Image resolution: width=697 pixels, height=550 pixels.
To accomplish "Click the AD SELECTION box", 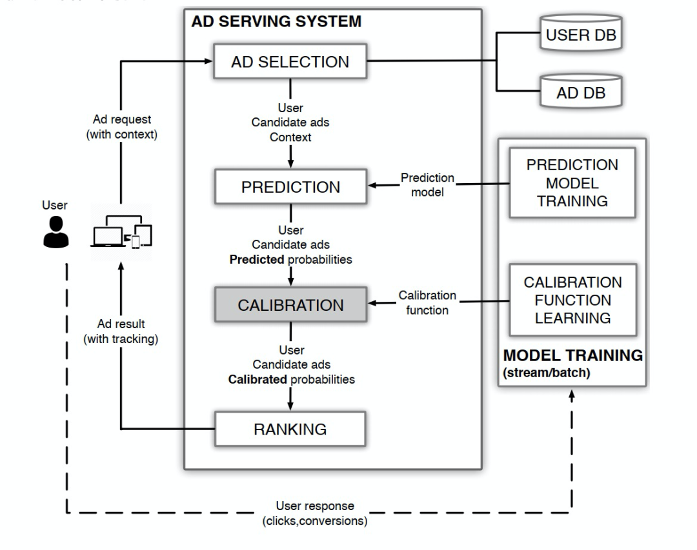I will click(x=290, y=62).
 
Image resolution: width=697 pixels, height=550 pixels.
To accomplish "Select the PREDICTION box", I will click(x=290, y=187).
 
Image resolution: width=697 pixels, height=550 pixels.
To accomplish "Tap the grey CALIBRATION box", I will click(x=290, y=305).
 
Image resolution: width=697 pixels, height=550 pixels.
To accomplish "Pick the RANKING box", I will click(x=290, y=429).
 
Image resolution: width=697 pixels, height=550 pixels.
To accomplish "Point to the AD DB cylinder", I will click(x=581, y=92).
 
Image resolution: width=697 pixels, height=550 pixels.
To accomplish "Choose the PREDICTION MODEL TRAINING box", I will click(x=572, y=182).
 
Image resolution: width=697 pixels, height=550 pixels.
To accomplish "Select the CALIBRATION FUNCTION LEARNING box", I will click(x=572, y=300).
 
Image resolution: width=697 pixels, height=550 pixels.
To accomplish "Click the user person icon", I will click(x=56, y=231).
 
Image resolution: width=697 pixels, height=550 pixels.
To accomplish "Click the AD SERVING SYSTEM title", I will click(x=276, y=21).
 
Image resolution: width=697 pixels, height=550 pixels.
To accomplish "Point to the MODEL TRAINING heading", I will click(x=572, y=355).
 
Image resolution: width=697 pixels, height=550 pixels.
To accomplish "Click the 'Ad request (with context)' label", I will click(x=121, y=127).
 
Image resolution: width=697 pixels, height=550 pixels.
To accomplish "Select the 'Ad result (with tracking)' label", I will click(x=121, y=331).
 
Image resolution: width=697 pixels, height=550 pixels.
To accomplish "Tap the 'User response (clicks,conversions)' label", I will click(x=315, y=514).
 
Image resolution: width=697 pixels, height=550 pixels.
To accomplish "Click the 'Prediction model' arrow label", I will click(x=427, y=184).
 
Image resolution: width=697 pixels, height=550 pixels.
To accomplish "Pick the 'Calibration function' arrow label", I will click(x=427, y=302).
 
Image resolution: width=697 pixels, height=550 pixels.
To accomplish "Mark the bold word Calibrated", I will click(x=258, y=379).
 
